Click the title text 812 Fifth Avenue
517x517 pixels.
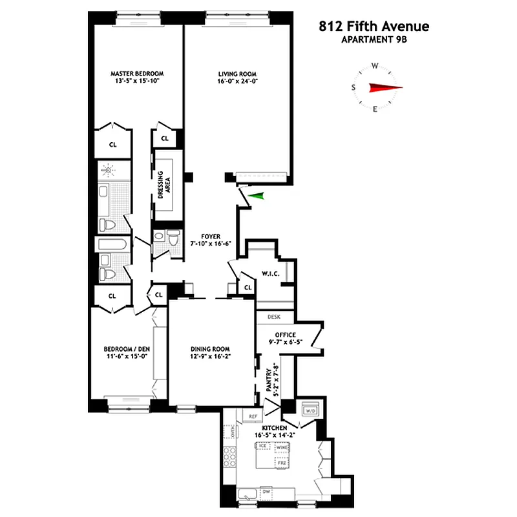point(374,27)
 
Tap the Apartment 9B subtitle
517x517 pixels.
point(374,40)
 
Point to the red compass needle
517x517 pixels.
point(385,88)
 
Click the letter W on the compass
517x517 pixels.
point(375,66)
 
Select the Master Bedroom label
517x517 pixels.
point(136,73)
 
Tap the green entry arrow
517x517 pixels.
point(258,196)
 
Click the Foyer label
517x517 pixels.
point(211,235)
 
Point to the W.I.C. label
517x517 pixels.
point(271,274)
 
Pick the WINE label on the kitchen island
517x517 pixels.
point(281,447)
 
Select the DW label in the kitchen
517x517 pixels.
point(265,492)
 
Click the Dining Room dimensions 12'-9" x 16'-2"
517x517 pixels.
point(211,357)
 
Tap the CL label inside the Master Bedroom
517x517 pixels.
point(112,144)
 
